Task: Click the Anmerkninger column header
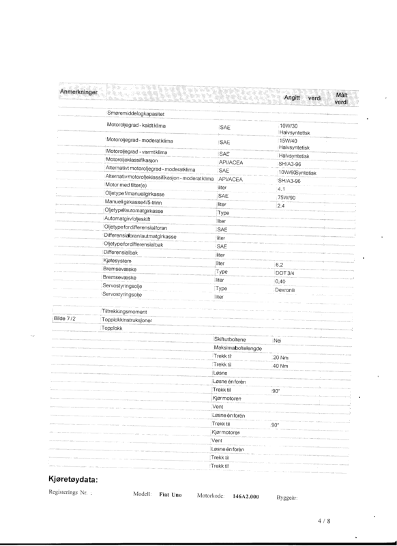(x=79, y=91)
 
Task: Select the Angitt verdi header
(x=302, y=98)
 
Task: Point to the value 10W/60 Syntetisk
(x=298, y=173)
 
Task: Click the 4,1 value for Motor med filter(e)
(x=281, y=189)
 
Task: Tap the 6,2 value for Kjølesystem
(x=279, y=264)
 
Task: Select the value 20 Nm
(x=280, y=358)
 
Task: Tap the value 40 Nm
(x=280, y=367)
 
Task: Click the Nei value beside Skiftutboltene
(x=277, y=340)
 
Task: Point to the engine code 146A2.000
(x=247, y=498)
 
